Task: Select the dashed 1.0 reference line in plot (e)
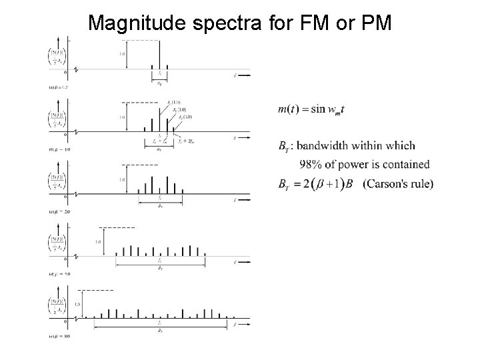96,291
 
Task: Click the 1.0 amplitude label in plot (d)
97,241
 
